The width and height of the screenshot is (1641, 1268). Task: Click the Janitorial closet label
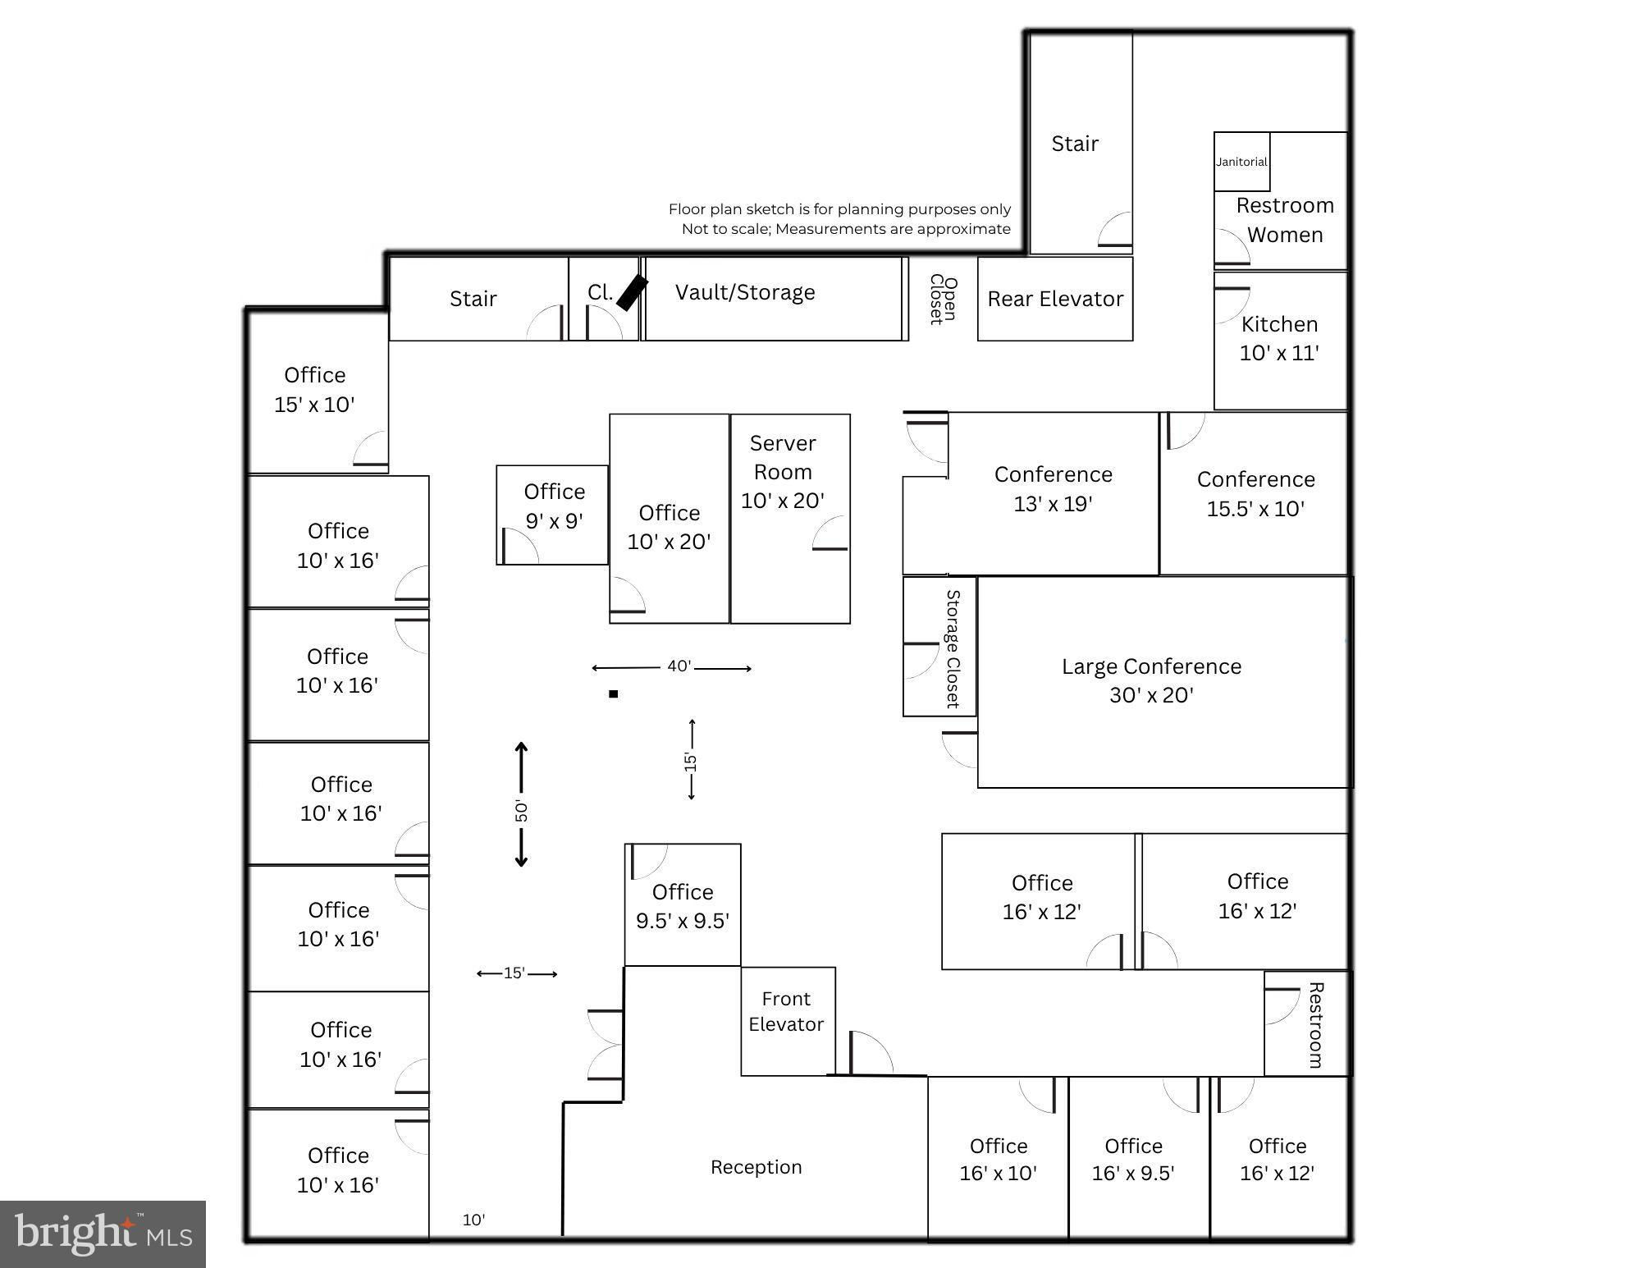tap(1241, 162)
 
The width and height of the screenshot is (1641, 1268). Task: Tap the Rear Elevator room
tap(1055, 299)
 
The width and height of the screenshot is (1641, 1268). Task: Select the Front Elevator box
tap(788, 1021)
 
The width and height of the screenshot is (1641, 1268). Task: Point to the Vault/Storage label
tap(745, 292)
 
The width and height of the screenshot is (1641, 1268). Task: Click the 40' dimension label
tap(679, 666)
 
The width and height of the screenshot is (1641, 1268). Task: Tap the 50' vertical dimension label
tap(521, 810)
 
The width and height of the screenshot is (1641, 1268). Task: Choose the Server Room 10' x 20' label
tap(783, 472)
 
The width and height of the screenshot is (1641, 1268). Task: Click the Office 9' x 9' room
tap(552, 515)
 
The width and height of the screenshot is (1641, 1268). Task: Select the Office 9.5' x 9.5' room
tap(683, 904)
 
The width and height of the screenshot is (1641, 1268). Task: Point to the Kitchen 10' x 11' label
tap(1279, 338)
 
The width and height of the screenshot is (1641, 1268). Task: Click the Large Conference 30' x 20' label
tap(1151, 680)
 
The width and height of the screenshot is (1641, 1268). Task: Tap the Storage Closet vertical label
tap(953, 648)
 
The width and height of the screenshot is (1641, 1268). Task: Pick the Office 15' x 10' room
tap(318, 392)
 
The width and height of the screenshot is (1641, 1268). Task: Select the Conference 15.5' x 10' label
tap(1255, 493)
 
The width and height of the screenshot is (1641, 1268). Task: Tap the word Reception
tap(756, 1167)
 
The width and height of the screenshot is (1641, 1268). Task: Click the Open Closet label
tap(944, 300)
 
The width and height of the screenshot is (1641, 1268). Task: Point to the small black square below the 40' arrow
tap(613, 694)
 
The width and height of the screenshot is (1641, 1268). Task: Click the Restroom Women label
tap(1285, 220)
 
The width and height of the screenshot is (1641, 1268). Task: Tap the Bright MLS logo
tap(103, 1234)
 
